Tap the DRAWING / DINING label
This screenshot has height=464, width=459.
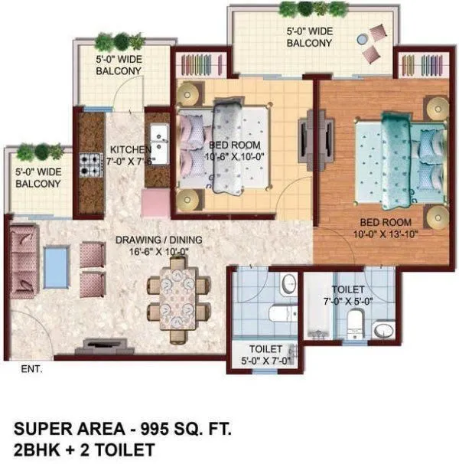[x=159, y=240]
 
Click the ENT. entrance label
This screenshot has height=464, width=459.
[x=32, y=368]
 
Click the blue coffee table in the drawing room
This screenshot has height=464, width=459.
[x=55, y=264]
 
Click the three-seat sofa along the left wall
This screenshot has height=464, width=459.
[x=23, y=264]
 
